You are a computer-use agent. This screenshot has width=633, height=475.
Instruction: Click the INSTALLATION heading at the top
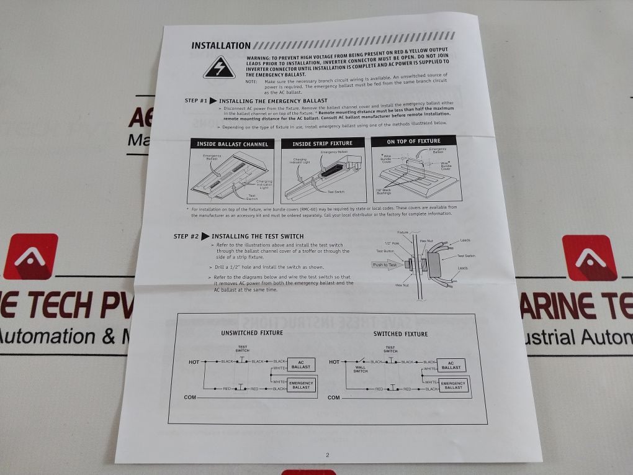(x=221, y=45)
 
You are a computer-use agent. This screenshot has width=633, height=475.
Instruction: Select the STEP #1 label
(x=196, y=100)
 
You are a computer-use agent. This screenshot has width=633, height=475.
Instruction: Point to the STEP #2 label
(x=186, y=237)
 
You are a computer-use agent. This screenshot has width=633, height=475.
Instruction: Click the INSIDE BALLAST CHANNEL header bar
(x=232, y=144)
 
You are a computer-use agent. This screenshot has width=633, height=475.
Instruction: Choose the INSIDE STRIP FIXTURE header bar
(x=322, y=143)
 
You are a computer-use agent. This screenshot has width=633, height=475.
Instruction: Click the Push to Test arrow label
(x=386, y=265)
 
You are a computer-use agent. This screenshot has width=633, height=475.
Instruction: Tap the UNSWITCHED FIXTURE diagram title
(x=252, y=333)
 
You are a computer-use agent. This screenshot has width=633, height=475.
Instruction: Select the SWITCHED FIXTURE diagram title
(x=400, y=334)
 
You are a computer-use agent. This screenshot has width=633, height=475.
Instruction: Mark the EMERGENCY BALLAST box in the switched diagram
(x=453, y=386)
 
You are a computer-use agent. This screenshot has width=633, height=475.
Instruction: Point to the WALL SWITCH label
(x=360, y=368)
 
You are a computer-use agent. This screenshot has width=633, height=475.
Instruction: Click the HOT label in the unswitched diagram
(x=194, y=361)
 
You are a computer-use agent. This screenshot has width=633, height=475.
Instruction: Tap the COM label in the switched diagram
(x=333, y=397)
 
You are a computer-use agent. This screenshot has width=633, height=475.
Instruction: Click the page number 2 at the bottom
(x=328, y=455)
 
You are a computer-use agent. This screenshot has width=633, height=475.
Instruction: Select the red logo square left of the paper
(x=30, y=256)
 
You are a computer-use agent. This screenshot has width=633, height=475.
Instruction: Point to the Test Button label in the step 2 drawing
(x=385, y=251)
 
